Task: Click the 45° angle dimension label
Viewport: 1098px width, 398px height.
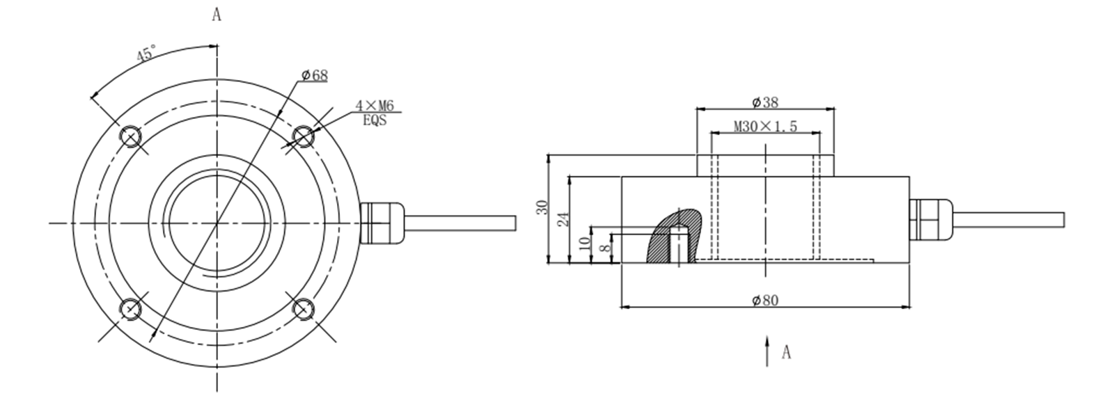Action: (147, 54)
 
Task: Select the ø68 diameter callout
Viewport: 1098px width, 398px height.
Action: (315, 75)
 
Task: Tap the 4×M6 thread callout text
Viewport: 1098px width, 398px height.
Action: (375, 105)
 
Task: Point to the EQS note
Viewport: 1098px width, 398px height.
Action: (375, 120)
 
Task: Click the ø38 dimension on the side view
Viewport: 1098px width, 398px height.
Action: (765, 102)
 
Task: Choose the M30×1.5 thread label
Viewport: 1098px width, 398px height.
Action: (765, 127)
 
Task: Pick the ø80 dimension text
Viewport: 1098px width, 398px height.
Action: (765, 300)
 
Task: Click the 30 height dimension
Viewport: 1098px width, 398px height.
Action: (542, 207)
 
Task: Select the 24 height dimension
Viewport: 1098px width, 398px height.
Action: (563, 218)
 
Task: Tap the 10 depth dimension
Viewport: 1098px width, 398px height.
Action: (585, 244)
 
